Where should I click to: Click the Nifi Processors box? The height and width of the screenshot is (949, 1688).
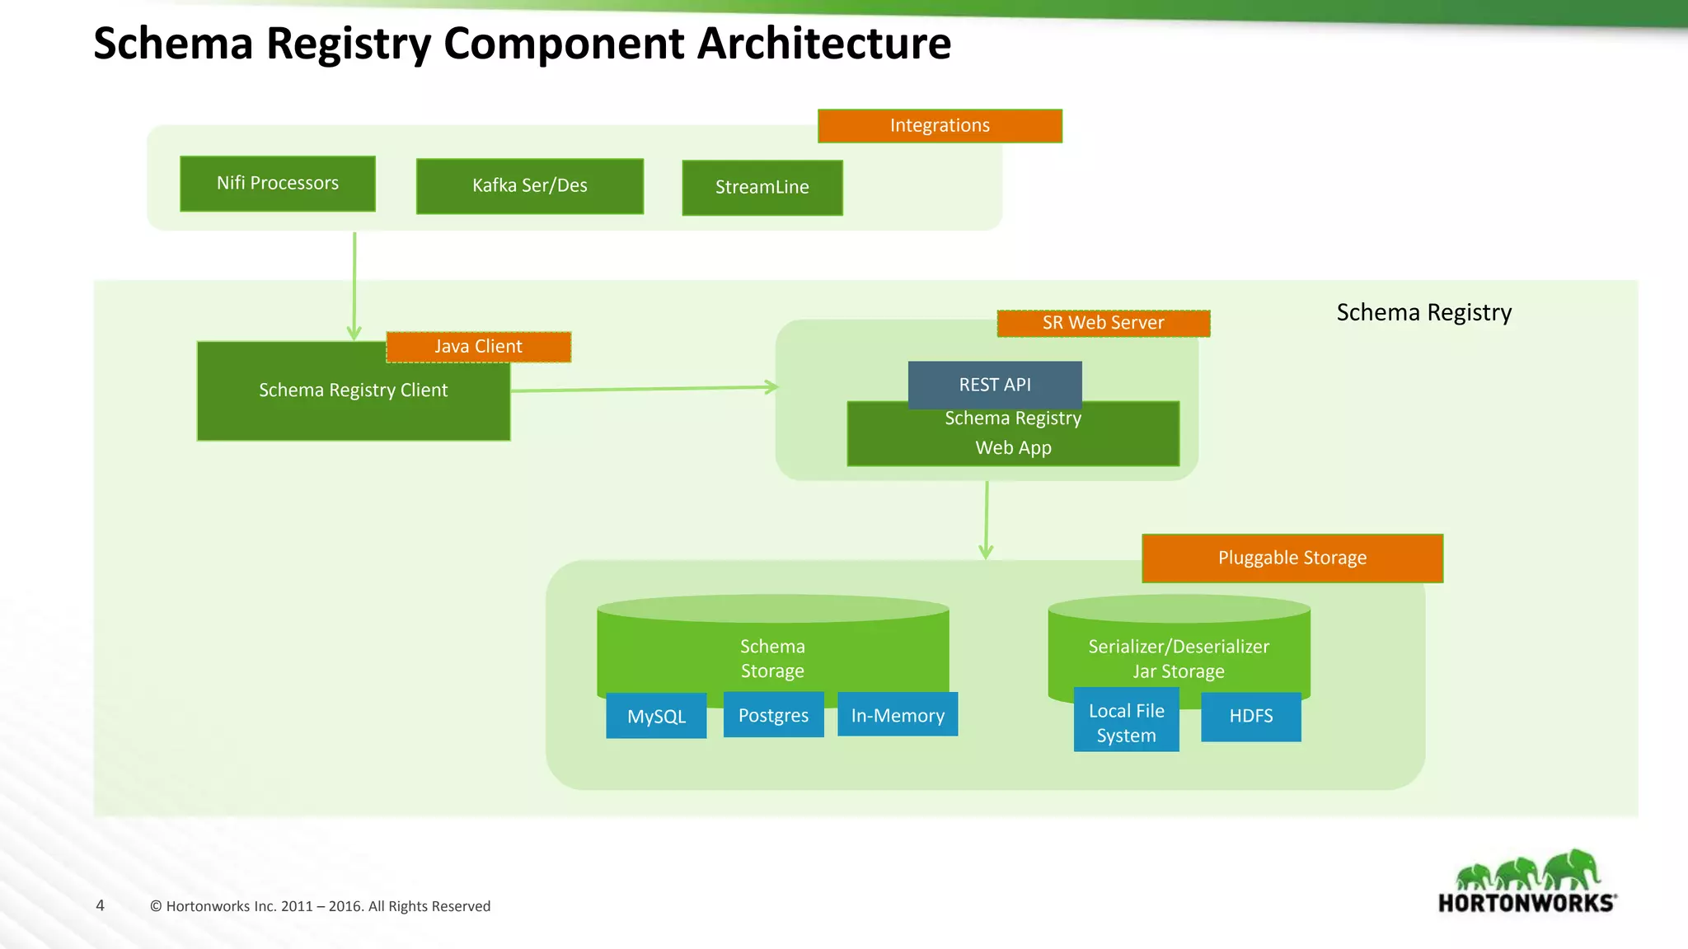pos(278,184)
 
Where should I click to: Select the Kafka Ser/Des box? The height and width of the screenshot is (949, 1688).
pos(530,186)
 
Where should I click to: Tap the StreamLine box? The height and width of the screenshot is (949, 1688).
pos(762,188)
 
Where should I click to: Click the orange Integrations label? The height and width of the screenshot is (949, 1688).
pos(940,126)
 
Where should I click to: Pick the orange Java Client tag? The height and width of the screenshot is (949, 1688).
pos(478,347)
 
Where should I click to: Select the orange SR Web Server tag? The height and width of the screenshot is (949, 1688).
pos(1103,323)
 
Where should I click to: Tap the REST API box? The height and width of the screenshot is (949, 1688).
pos(995,384)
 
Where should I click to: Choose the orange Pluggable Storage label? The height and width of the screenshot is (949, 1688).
pos(1292,559)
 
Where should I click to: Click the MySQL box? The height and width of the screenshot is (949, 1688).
pos(656,716)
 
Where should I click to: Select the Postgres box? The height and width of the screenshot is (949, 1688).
pos(773,715)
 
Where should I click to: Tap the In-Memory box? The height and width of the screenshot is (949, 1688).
pos(898,715)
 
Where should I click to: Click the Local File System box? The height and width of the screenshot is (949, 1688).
pos(1126,723)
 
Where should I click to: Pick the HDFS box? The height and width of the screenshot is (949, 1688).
pos(1250,717)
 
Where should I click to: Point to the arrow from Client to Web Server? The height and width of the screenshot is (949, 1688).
pos(643,388)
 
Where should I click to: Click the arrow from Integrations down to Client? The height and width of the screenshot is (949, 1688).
pos(354,284)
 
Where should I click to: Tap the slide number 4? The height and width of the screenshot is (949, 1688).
pos(101,905)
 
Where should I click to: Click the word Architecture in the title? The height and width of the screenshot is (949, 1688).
pos(824,43)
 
